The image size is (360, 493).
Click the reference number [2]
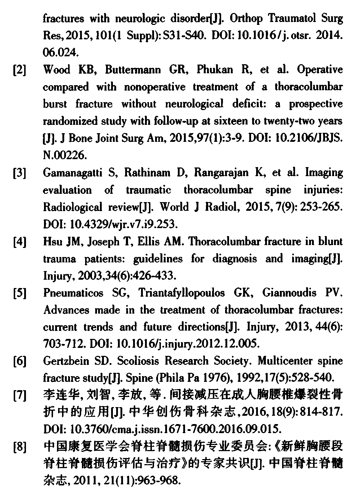pos(19,70)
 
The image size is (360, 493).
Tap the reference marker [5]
pos(19,293)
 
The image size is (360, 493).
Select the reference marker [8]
pos(19,448)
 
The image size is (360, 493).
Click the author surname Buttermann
pos(133,70)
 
